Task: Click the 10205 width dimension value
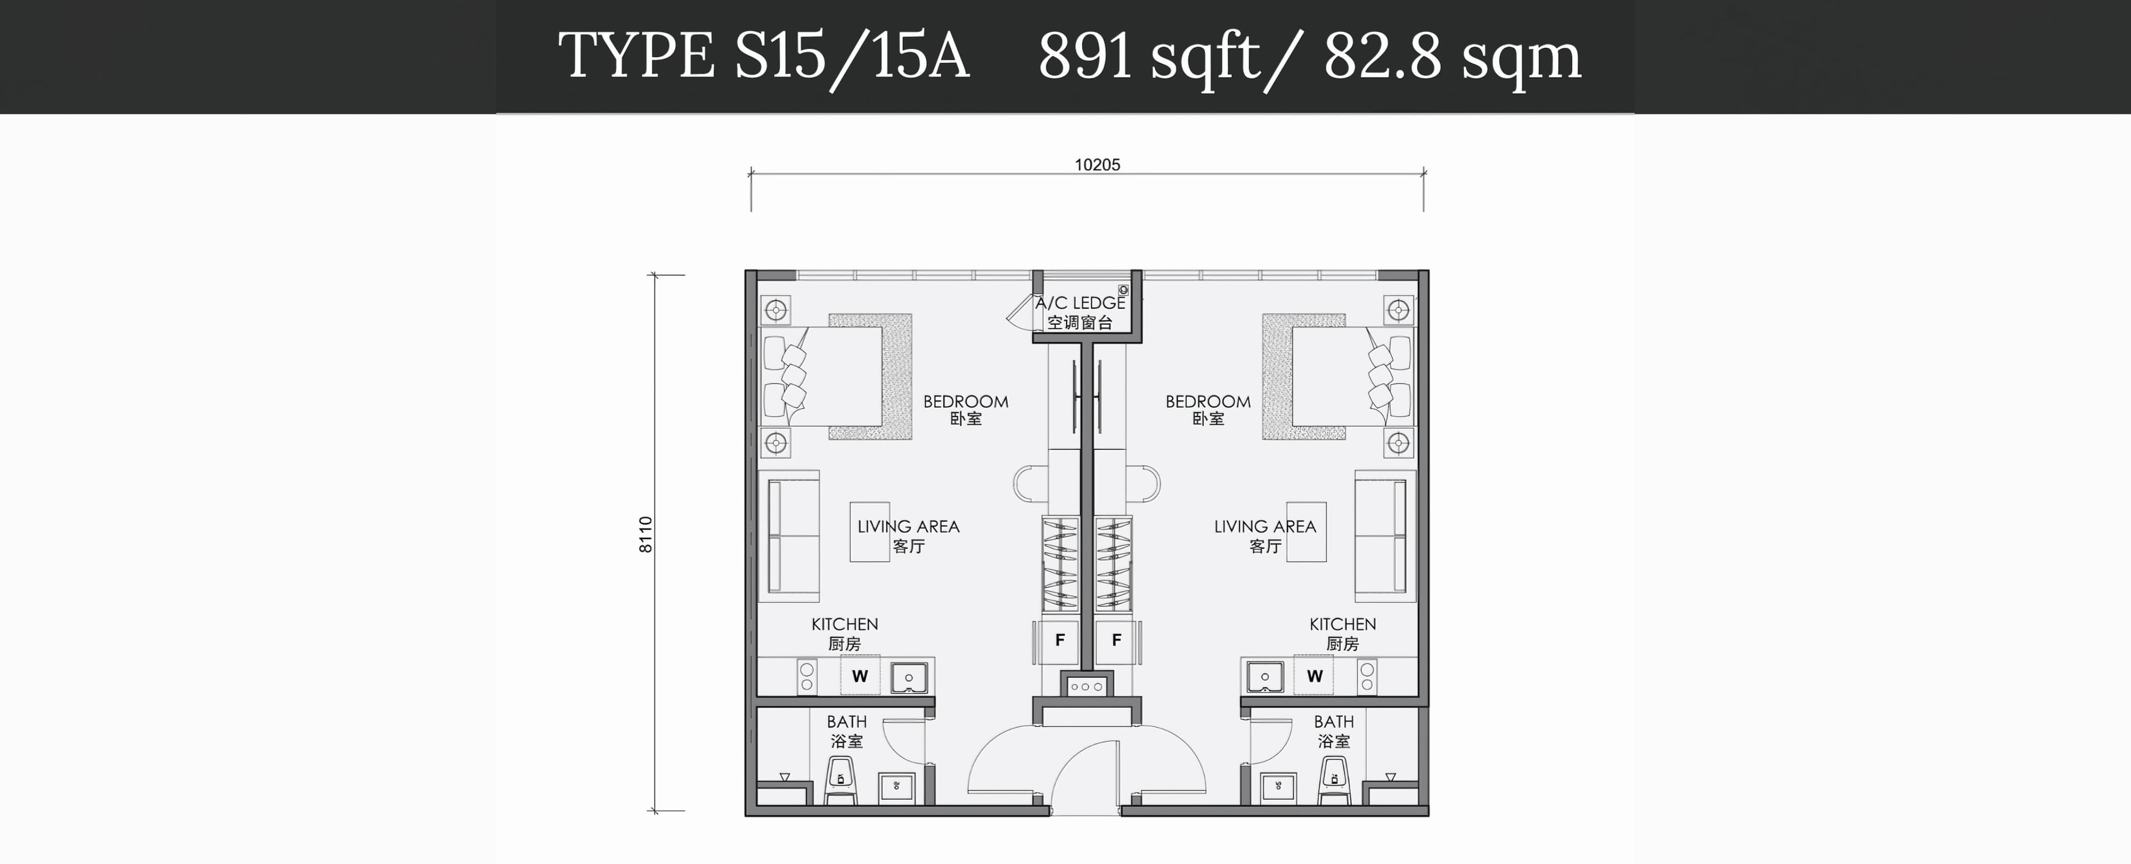coord(1097,165)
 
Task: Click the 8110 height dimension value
coord(646,535)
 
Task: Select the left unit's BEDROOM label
coord(966,401)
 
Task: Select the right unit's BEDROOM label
coord(1208,401)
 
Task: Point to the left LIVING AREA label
coord(908,526)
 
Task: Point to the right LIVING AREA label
coord(1265,526)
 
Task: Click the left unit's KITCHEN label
coord(845,624)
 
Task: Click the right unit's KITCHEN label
coord(1342,624)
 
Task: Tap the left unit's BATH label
coord(847,722)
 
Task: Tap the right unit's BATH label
coord(1334,722)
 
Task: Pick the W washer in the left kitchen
coord(860,676)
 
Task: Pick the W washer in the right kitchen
coord(1315,676)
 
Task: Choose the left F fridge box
coord(1060,640)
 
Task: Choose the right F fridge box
coord(1116,640)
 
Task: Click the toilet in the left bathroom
coord(841,780)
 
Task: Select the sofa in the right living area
coord(1385,536)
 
